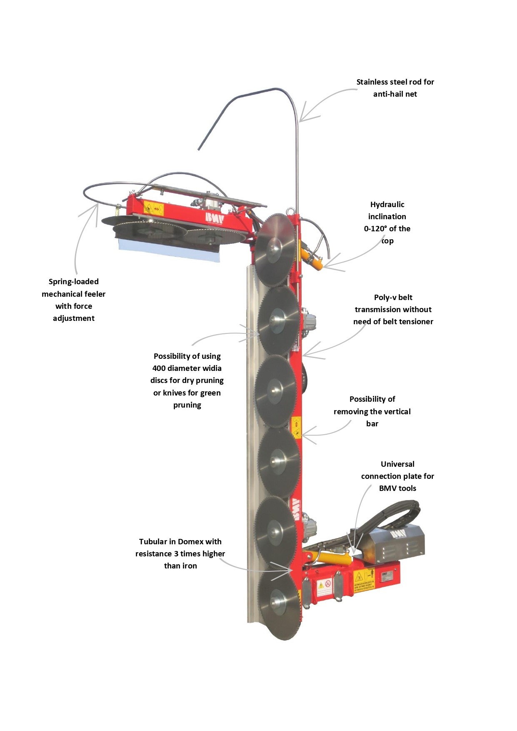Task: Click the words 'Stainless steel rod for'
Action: tap(395, 82)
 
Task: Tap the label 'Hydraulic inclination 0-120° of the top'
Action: tap(387, 223)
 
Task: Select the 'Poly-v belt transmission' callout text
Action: tap(393, 309)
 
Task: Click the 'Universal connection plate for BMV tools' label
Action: tap(397, 476)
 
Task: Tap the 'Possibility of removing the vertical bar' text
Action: tap(372, 411)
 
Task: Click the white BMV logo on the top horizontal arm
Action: tap(215, 218)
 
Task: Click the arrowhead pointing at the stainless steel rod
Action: tap(303, 118)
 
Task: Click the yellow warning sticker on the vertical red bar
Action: tap(296, 428)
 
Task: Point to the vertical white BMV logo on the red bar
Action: tap(296, 509)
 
